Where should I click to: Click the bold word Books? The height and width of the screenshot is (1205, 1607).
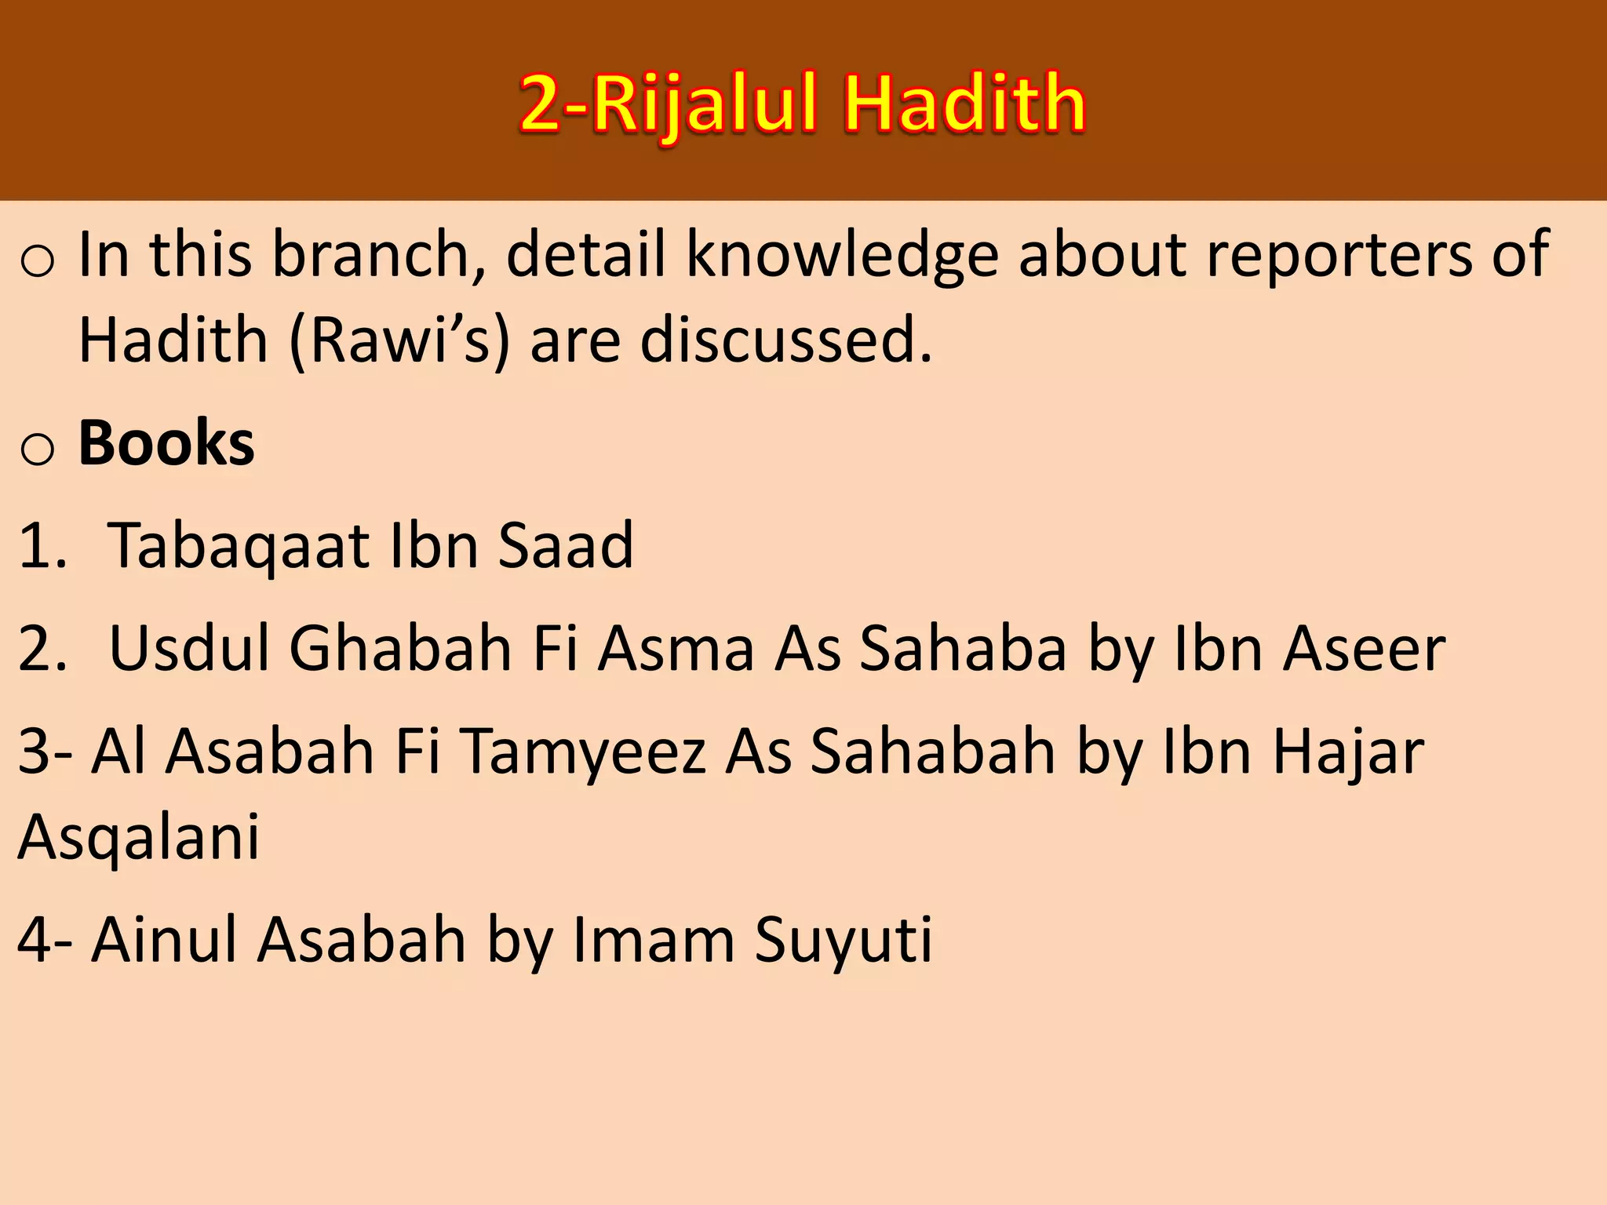coord(166,443)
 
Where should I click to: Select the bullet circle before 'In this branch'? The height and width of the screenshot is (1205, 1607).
coord(38,262)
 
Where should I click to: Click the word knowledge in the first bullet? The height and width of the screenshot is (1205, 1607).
coord(842,255)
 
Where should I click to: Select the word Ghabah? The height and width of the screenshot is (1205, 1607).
coord(400,649)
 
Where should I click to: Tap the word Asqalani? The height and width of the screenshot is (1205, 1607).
coord(139,838)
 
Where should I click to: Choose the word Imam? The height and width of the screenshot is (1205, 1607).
coord(653,939)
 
